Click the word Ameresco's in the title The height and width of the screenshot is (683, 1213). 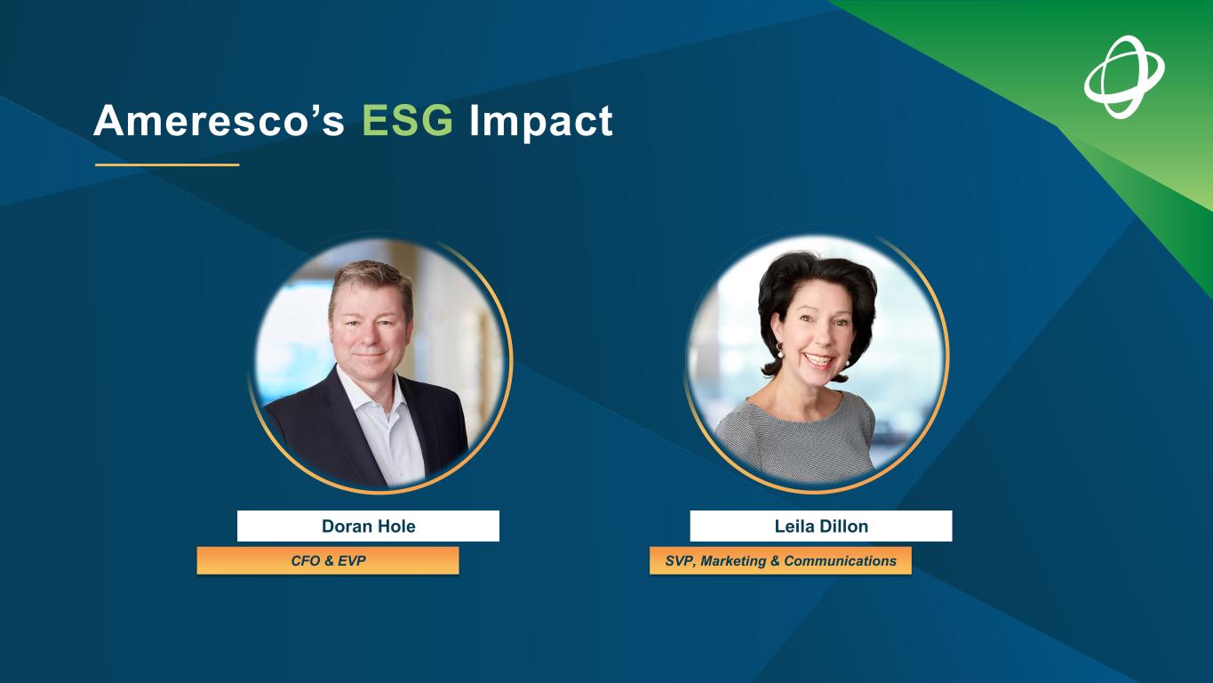pyautogui.click(x=219, y=120)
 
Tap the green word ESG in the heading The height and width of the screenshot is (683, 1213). pyautogui.click(x=407, y=120)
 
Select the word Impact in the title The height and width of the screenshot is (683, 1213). pyautogui.click(x=541, y=123)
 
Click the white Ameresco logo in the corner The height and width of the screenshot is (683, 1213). pyautogui.click(x=1124, y=76)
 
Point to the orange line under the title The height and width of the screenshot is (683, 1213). pyautogui.click(x=167, y=165)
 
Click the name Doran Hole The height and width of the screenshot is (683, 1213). pyautogui.click(x=368, y=526)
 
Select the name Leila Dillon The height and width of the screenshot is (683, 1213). pyautogui.click(x=821, y=526)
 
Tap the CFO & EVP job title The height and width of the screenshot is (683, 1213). pyautogui.click(x=328, y=560)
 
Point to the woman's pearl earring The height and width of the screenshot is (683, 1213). pyautogui.click(x=780, y=352)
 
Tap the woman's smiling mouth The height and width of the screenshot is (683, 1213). pyautogui.click(x=818, y=359)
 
